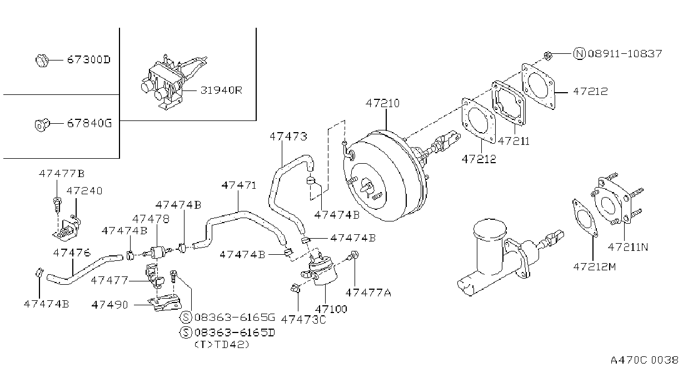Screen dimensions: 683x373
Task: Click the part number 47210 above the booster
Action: [x=382, y=103]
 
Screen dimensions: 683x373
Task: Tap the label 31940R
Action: [x=221, y=90]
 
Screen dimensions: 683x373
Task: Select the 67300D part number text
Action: [x=89, y=60]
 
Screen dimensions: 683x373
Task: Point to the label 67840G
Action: [x=89, y=123]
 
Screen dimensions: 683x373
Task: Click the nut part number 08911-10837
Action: [x=625, y=54]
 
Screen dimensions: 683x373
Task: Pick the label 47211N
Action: [x=628, y=247]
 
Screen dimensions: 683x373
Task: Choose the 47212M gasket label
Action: [x=595, y=267]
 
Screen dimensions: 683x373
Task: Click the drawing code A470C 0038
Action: [x=644, y=360]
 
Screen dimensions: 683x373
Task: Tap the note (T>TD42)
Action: [x=222, y=344]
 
